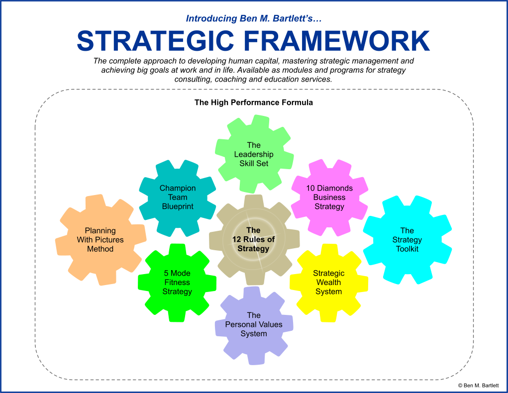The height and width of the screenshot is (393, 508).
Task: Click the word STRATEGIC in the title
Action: (x=155, y=41)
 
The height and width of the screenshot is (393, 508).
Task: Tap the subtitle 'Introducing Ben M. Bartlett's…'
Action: (x=254, y=19)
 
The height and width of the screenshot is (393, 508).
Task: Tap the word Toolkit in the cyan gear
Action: (x=407, y=249)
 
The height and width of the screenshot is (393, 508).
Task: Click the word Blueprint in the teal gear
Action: (x=178, y=206)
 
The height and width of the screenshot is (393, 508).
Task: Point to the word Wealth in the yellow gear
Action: (x=329, y=283)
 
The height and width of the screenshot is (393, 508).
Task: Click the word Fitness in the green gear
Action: (x=177, y=283)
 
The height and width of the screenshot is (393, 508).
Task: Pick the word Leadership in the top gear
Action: (x=254, y=154)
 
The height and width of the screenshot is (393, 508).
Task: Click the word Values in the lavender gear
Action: (x=271, y=324)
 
